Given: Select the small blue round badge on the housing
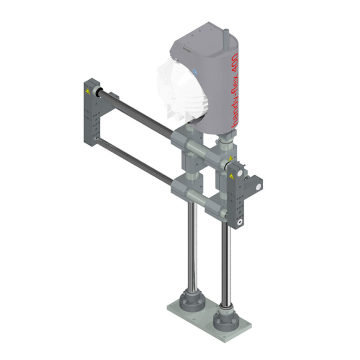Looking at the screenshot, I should [195, 72].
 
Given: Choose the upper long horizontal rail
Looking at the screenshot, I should [135, 110].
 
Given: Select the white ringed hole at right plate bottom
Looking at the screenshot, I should [241, 222].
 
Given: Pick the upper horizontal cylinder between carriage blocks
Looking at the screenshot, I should [198, 147].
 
